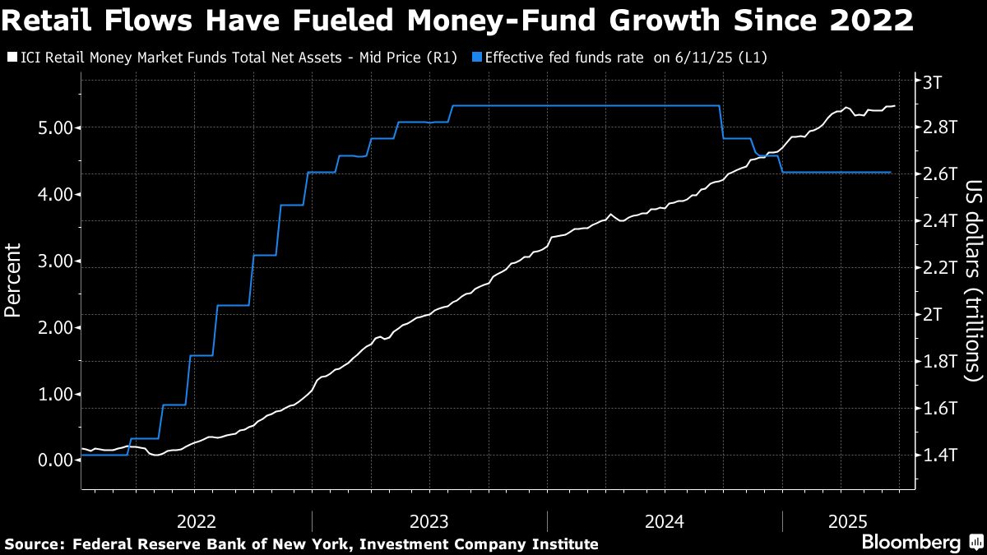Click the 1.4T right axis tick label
click(x=938, y=455)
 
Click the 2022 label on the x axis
click(x=197, y=521)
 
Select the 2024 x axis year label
click(x=665, y=521)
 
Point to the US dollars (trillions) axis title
click(x=973, y=292)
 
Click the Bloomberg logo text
click(x=911, y=543)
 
